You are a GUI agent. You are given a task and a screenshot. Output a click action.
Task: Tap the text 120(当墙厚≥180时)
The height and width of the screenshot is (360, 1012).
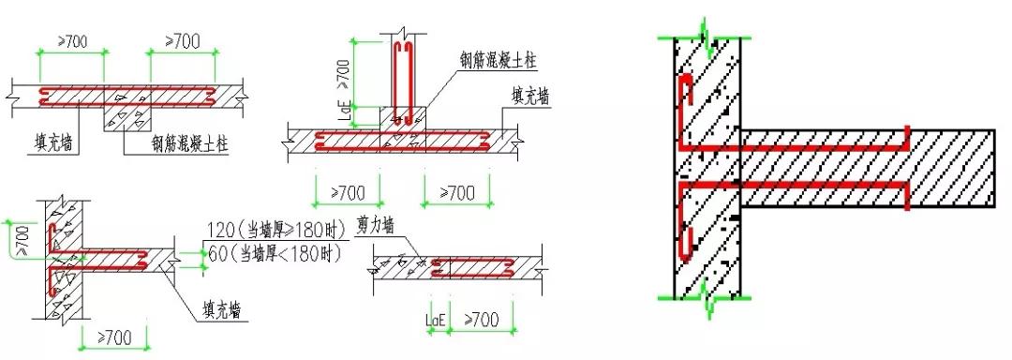[272, 231]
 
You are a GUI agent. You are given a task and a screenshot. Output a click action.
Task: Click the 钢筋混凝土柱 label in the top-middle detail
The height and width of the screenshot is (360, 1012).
[496, 57]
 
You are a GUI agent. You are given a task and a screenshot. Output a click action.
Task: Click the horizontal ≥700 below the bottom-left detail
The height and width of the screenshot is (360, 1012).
[112, 336]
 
